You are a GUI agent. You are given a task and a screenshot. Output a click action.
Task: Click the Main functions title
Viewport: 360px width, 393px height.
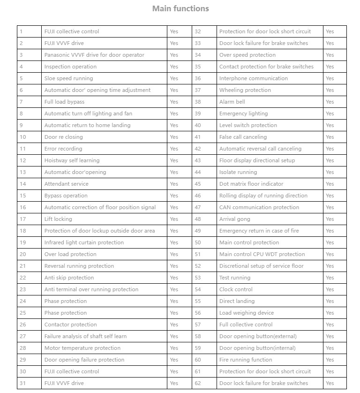(180, 8)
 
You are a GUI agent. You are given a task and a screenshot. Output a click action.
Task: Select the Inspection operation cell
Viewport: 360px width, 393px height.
(70, 67)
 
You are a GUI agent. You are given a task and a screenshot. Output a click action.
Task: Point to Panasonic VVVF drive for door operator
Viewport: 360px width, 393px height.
(94, 55)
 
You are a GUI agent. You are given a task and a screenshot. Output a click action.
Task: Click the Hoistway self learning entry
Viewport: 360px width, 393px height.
(72, 160)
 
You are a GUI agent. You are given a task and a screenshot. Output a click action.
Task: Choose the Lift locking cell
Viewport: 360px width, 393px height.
(58, 219)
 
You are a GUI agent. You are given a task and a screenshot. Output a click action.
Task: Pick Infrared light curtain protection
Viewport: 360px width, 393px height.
(84, 242)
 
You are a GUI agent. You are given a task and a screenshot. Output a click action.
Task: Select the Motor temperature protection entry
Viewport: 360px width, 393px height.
(82, 348)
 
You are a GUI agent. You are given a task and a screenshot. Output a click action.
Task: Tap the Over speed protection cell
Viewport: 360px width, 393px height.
(247, 55)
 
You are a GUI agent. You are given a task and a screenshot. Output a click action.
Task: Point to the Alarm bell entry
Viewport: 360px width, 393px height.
(232, 102)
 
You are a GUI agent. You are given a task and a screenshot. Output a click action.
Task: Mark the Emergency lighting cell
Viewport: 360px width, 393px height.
(243, 113)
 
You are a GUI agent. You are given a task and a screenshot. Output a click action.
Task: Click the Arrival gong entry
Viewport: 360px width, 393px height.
(234, 219)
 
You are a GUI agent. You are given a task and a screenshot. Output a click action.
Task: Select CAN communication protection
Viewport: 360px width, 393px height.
(259, 207)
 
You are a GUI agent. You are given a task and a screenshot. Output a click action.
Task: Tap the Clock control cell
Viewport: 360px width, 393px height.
(236, 289)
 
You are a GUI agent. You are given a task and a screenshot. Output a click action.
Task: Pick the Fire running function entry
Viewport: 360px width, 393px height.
(246, 360)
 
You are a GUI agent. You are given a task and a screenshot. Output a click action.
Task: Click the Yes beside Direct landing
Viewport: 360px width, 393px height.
(330, 301)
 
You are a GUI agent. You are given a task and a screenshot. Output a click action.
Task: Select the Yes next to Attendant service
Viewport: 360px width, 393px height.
(174, 184)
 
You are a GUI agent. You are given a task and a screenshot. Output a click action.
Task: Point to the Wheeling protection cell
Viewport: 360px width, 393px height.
(245, 90)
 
